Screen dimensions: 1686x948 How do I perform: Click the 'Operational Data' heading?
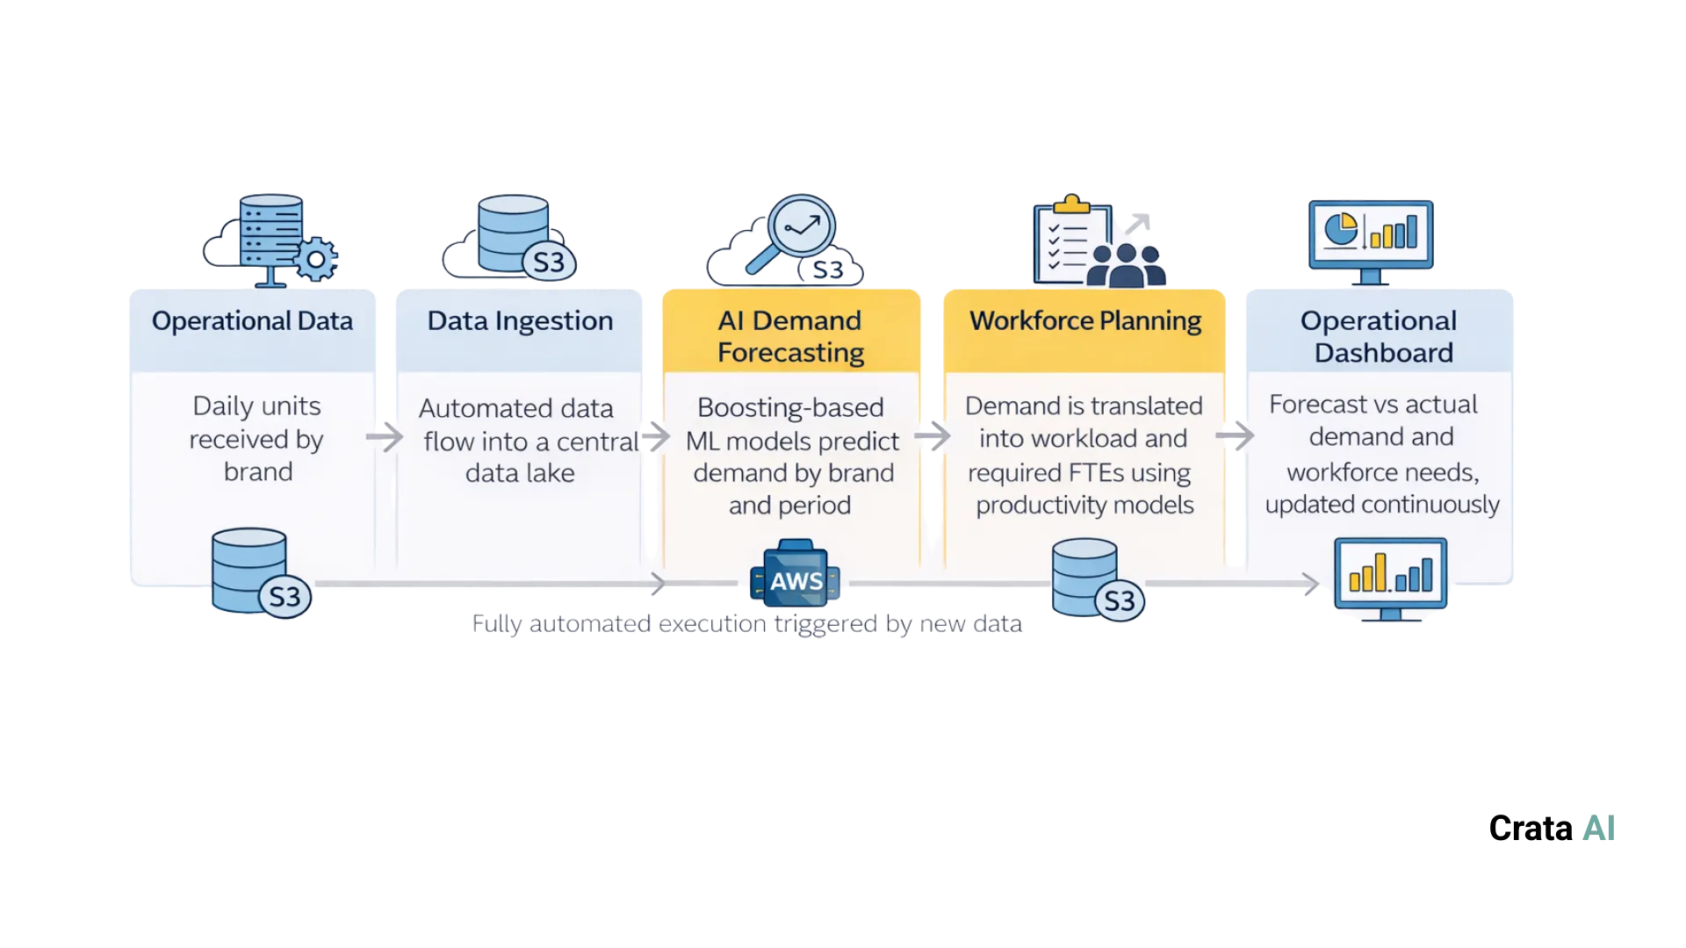pyautogui.click(x=252, y=321)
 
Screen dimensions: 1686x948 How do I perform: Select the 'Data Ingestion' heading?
pyautogui.click(x=520, y=321)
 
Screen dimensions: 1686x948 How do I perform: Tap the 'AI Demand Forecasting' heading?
pyautogui.click(x=790, y=336)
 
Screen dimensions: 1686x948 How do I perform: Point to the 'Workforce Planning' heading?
pyautogui.click(x=1085, y=321)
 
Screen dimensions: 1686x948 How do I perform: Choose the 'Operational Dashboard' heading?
pyautogui.click(x=1380, y=336)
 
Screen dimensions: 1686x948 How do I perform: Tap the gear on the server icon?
pyautogui.click(x=314, y=259)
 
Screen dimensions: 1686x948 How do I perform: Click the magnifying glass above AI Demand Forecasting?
pyautogui.click(x=795, y=230)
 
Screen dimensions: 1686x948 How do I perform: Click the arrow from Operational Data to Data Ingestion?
pyautogui.click(x=384, y=436)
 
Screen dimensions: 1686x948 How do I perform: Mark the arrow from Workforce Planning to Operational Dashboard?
pyautogui.click(x=1235, y=434)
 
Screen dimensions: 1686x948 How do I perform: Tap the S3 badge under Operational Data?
pyautogui.click(x=285, y=597)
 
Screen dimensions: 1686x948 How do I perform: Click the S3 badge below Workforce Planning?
pyautogui.click(x=1119, y=601)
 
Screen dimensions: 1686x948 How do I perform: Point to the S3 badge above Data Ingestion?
pyautogui.click(x=549, y=262)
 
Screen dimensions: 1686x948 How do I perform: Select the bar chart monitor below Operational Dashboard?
pyautogui.click(x=1390, y=577)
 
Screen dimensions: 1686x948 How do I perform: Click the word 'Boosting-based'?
pyautogui.click(x=790, y=408)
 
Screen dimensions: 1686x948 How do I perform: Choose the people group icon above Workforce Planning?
pyautogui.click(x=1127, y=265)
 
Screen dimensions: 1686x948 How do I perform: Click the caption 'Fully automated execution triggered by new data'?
pyautogui.click(x=746, y=624)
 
